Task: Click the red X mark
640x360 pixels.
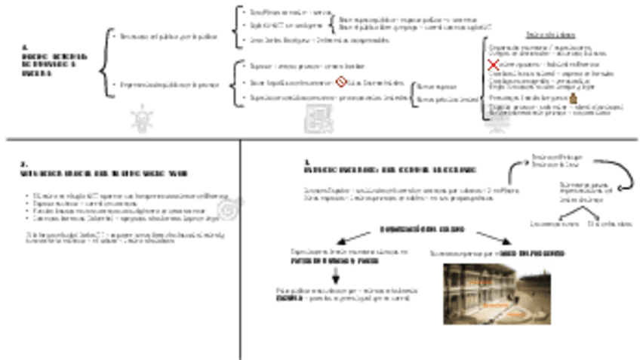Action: point(494,66)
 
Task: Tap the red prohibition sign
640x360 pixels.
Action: point(340,82)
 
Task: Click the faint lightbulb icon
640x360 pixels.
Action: point(140,118)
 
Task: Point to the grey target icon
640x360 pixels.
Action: point(224,208)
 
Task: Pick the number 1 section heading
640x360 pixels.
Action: point(388,168)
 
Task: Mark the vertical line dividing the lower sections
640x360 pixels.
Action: point(240,249)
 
